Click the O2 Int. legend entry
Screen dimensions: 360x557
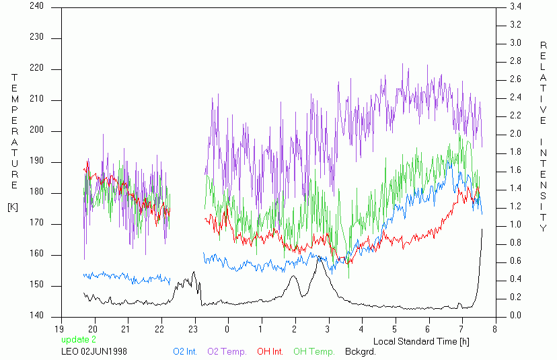pyautogui.click(x=185, y=351)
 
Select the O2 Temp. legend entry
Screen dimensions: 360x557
pyautogui.click(x=227, y=351)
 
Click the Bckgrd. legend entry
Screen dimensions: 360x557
pyautogui.click(x=360, y=351)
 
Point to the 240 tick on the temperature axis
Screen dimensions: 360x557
pyautogui.click(x=36, y=7)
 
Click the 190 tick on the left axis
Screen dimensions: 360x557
pyautogui.click(x=36, y=162)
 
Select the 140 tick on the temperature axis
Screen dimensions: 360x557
pyautogui.click(x=36, y=316)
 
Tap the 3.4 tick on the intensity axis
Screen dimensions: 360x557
pyautogui.click(x=515, y=7)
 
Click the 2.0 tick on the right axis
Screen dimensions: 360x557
pyautogui.click(x=515, y=134)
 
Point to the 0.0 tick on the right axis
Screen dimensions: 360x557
pyautogui.click(x=515, y=316)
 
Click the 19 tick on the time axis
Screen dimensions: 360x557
pyautogui.click(x=61, y=329)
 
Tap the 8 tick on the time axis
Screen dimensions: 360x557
pyautogui.click(x=494, y=329)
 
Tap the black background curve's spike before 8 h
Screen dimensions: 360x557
pyautogui.click(x=482, y=230)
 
